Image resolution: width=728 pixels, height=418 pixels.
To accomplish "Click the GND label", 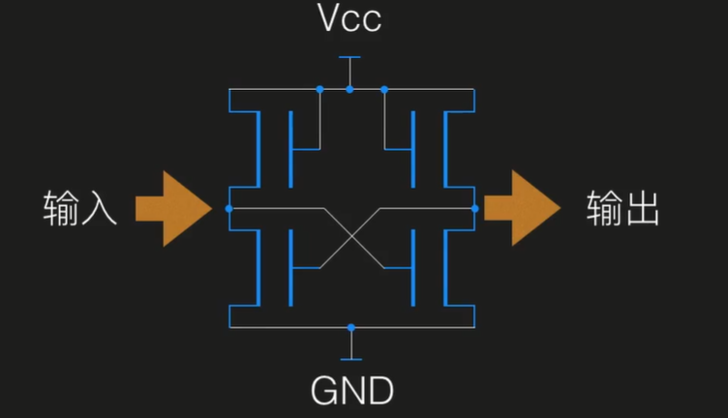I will coord(351,391).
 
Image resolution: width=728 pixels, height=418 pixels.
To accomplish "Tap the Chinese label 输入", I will coord(80,208).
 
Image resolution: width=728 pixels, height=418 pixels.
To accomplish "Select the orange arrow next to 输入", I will coord(172,208).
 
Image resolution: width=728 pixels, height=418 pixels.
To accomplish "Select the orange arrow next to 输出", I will coord(522,208).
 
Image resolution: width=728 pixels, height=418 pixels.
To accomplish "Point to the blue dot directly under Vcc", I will coord(350,89).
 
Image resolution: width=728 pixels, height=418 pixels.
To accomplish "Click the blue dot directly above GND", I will coord(351,328).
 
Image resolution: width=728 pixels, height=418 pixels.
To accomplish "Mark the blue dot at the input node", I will coord(228,208).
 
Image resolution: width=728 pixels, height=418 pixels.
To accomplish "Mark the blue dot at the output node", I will coord(474,208).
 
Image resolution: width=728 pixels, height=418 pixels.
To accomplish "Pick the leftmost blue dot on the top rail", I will coord(318,89).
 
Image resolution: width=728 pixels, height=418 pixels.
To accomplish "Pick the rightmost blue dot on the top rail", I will coord(384,89).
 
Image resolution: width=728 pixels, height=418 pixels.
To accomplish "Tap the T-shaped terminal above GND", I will coord(351,349).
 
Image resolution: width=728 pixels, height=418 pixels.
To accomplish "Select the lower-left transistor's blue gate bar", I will coord(288,267).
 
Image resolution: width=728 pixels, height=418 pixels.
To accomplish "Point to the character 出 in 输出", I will coord(643,208).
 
